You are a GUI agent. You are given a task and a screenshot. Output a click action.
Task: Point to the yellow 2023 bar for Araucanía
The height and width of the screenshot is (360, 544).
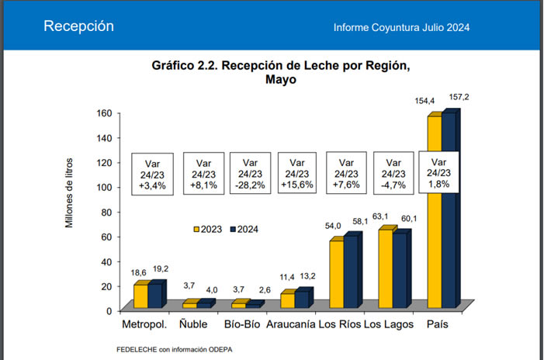pos(287,300)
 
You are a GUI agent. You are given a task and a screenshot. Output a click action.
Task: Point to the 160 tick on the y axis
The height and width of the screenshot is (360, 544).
pos(104,112)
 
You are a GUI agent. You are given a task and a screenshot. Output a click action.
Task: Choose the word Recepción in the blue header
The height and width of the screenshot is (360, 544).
pos(78,26)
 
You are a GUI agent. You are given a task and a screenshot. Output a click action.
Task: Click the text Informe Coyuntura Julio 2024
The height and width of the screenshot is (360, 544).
pos(401,28)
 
